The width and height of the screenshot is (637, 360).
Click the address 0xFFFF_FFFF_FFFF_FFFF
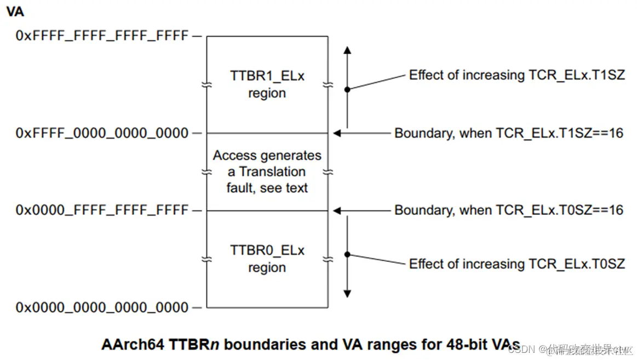(102, 36)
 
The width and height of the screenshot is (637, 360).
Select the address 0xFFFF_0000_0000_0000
(102, 133)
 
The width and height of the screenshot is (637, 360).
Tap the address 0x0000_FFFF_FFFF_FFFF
(102, 210)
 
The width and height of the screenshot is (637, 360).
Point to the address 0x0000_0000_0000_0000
(102, 307)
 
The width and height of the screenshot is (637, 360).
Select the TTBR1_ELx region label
(267, 84)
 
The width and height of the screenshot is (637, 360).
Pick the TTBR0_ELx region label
(267, 259)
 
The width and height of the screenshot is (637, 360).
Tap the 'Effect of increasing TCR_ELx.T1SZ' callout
(517, 75)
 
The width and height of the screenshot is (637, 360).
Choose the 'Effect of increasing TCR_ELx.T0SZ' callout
(517, 264)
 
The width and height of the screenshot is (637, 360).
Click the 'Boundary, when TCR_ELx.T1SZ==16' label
(509, 133)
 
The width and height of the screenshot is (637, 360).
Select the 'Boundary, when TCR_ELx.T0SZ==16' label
(509, 210)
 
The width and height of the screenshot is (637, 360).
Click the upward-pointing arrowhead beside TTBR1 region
(347, 50)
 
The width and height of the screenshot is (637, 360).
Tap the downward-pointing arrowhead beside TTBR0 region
(347, 294)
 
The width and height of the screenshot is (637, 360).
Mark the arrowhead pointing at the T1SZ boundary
(337, 133)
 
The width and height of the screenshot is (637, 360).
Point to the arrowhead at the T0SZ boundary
(337, 210)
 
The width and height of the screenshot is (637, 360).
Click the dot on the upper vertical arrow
(347, 89)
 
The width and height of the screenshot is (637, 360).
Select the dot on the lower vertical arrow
(347, 254)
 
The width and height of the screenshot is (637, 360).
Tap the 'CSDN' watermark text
(520, 349)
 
